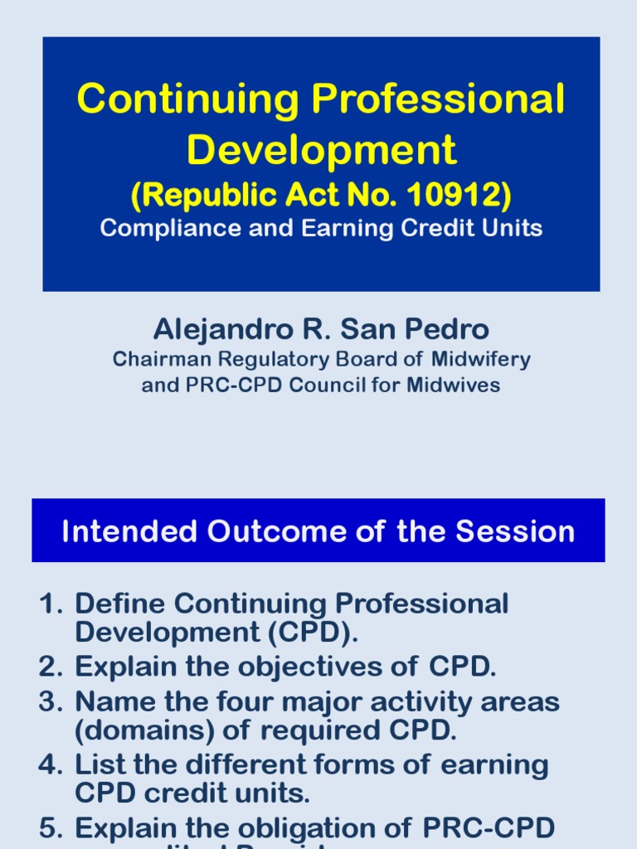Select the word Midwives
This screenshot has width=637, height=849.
click(460, 386)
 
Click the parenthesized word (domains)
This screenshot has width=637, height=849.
click(139, 730)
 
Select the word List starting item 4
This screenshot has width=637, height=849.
click(100, 764)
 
